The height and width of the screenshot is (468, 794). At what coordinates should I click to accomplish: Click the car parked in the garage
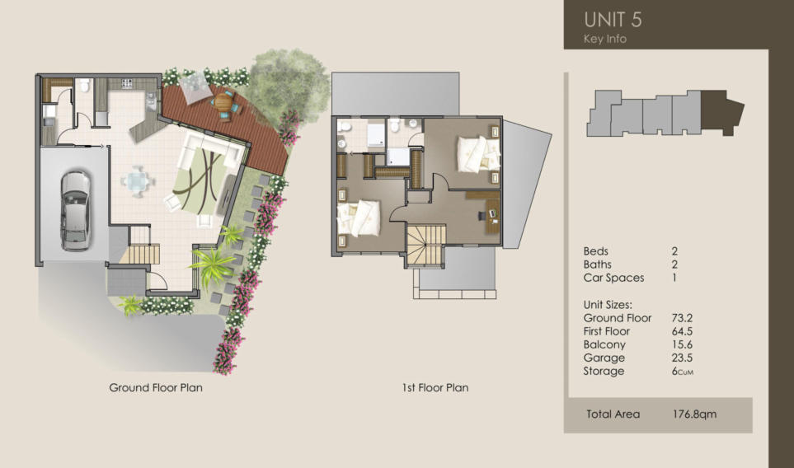coord(75,211)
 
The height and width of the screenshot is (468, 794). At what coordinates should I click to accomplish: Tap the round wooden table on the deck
coord(223,103)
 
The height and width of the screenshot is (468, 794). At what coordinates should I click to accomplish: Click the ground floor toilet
coord(84,86)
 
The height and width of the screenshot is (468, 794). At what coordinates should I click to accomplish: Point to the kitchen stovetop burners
coord(127,83)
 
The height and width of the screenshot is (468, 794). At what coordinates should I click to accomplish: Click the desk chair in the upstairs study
coord(482,216)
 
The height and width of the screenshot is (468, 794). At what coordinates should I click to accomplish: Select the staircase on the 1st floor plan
coord(426,246)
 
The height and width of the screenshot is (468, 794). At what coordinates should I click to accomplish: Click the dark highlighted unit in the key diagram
coord(721,112)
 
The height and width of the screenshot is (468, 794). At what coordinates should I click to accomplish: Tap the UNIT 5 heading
coord(613,20)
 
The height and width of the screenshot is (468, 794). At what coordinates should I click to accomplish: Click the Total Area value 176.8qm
coord(694,414)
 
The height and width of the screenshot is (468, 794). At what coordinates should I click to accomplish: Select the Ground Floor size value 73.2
coord(682,318)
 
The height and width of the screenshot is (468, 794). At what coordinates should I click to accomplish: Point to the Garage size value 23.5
coord(682,358)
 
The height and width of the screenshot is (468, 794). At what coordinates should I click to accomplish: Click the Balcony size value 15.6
coord(682,344)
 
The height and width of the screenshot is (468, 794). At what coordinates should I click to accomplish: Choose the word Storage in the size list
coord(604,372)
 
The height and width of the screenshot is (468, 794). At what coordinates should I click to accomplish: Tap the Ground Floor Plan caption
coord(156,387)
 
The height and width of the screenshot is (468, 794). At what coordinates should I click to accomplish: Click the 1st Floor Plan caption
coord(435,387)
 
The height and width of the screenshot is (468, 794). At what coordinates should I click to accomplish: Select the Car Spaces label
coord(613,278)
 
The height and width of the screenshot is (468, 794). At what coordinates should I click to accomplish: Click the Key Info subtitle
coord(604,39)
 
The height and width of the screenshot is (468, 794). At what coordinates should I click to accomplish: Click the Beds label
coord(595,251)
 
